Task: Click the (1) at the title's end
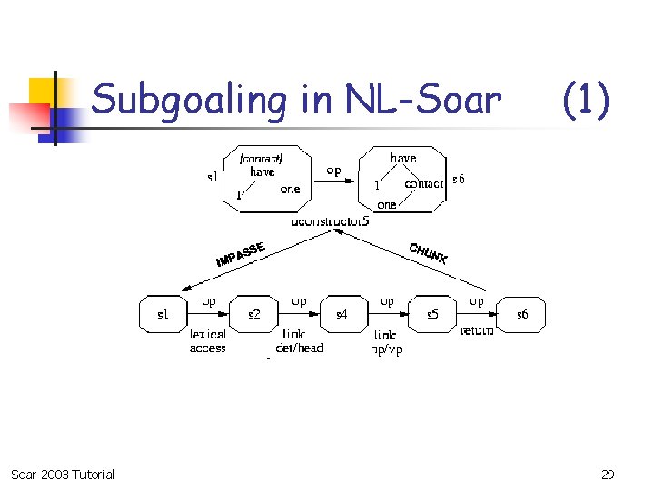(x=586, y=100)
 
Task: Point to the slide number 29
(x=608, y=474)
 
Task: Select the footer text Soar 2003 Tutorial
(x=63, y=474)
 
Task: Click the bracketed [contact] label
(x=261, y=158)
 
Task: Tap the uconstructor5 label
(x=331, y=221)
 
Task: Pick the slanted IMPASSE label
(x=240, y=254)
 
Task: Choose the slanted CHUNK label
(x=428, y=253)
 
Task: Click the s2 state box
(x=255, y=315)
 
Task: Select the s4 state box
(x=342, y=315)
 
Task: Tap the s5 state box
(x=432, y=315)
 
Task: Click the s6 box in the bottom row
(x=522, y=315)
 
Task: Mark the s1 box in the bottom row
(x=163, y=315)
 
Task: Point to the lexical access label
(x=208, y=340)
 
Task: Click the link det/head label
(x=299, y=340)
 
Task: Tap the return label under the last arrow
(x=477, y=330)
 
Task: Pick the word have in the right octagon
(x=403, y=158)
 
